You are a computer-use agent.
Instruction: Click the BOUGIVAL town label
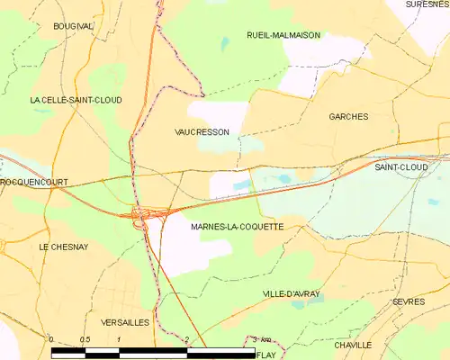pyautogui.click(x=73, y=27)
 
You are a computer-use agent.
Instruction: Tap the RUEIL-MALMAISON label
pyautogui.click(x=283, y=35)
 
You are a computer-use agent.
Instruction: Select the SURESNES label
pyautogui.click(x=427, y=4)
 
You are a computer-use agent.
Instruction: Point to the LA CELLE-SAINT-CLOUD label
pyautogui.click(x=76, y=100)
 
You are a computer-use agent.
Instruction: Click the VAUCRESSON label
pyautogui.click(x=202, y=131)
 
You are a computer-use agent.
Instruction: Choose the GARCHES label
pyautogui.click(x=348, y=117)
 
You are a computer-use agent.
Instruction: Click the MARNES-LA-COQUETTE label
pyautogui.click(x=238, y=228)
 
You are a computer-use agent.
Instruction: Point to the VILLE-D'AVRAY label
pyautogui.click(x=291, y=294)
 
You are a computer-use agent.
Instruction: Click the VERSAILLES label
pyautogui.click(x=120, y=321)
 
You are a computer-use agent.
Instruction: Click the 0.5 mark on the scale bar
pyautogui.click(x=85, y=339)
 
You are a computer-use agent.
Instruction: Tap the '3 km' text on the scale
pyautogui.click(x=261, y=339)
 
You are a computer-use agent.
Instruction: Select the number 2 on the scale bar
pyautogui.click(x=186, y=339)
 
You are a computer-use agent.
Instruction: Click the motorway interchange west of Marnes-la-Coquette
pyautogui.click(x=146, y=214)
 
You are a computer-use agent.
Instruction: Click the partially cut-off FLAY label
pyautogui.click(x=266, y=355)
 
